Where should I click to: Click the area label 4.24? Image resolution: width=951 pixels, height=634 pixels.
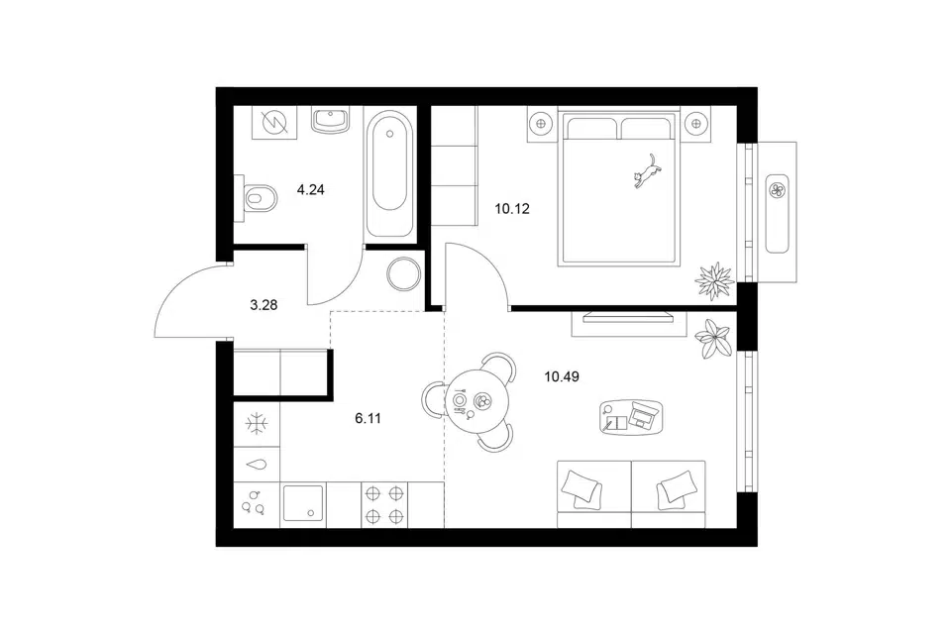coord(310,190)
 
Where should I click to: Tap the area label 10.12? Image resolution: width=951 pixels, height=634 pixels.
coord(512,209)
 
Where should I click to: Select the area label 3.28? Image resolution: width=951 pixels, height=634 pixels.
coord(264,305)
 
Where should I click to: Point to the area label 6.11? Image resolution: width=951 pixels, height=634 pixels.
coord(368,418)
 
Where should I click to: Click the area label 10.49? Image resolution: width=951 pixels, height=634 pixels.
coord(562,376)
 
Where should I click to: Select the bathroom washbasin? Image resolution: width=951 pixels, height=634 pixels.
coord(331,120)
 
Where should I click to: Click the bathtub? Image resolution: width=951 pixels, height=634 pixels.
coord(390,174)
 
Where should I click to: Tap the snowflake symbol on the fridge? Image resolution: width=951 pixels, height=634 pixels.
coord(258,423)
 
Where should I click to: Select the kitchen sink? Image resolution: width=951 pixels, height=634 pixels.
coord(303,503)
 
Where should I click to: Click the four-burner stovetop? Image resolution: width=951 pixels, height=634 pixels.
coord(384,505)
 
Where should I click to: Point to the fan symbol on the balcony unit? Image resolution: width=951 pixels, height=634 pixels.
coord(777,190)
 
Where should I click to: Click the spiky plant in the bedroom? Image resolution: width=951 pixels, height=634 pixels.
coord(714,281)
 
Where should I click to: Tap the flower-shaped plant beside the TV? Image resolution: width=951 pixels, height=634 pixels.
coord(713,338)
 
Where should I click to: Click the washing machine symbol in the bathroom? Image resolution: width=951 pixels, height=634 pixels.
coord(274,122)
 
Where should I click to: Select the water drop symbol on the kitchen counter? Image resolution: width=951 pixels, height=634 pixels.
coord(257,465)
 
